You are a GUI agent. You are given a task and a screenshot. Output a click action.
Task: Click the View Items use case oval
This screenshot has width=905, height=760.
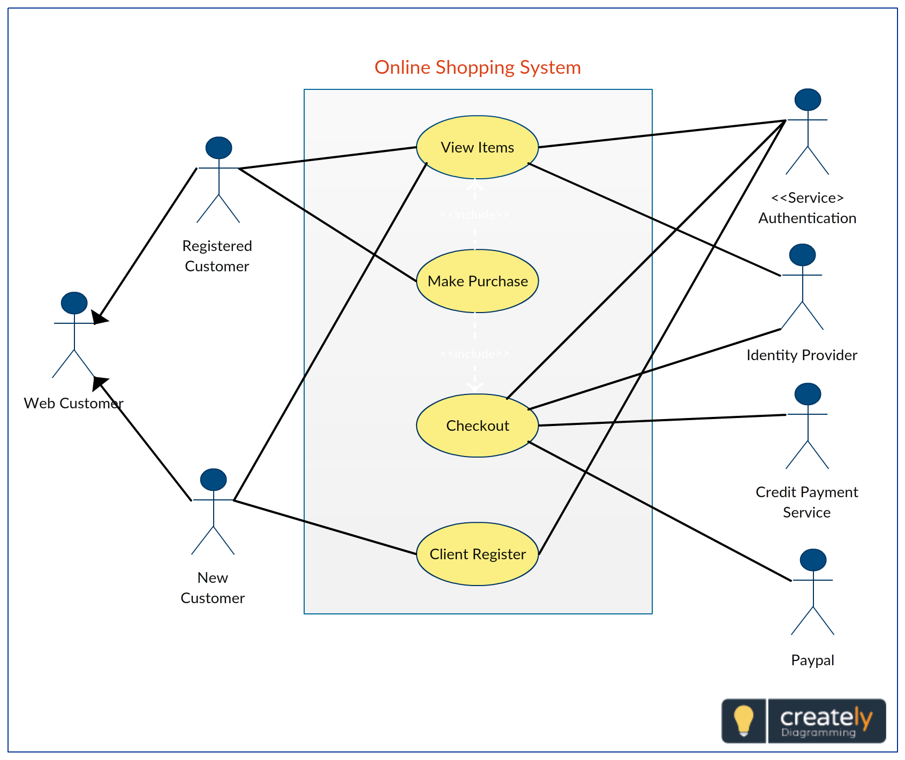[477, 147]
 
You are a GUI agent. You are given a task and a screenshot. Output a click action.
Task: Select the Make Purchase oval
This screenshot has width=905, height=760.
[477, 281]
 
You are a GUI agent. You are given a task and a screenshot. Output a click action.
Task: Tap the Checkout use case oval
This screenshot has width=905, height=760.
[477, 425]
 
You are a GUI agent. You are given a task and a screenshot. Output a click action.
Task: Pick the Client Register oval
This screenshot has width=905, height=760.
[477, 554]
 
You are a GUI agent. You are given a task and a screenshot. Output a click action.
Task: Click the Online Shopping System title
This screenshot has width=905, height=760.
[477, 67]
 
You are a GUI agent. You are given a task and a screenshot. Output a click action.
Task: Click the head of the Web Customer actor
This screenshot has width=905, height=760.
[74, 303]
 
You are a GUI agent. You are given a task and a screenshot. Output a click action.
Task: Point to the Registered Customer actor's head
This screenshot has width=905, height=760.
[218, 148]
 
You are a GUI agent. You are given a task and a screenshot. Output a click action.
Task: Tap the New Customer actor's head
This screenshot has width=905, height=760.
[213, 480]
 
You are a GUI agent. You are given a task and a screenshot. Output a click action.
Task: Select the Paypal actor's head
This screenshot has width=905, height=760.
[813, 560]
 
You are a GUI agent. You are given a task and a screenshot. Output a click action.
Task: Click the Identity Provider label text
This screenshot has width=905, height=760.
[802, 355]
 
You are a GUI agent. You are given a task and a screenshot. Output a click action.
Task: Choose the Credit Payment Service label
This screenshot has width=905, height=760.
[806, 502]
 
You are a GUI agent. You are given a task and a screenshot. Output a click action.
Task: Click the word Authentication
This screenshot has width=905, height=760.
[807, 218]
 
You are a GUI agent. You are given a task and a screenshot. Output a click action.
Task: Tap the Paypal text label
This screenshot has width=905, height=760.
[812, 660]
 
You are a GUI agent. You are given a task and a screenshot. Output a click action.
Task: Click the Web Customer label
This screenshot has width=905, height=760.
[73, 403]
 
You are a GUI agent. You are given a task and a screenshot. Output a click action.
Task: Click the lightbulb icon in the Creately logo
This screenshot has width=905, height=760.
[743, 720]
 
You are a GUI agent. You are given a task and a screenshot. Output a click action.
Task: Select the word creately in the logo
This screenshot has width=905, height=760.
[825, 716]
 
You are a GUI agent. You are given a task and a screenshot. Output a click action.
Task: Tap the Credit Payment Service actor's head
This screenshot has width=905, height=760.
[808, 394]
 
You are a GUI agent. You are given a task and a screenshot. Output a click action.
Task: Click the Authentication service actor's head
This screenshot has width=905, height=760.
[808, 100]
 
